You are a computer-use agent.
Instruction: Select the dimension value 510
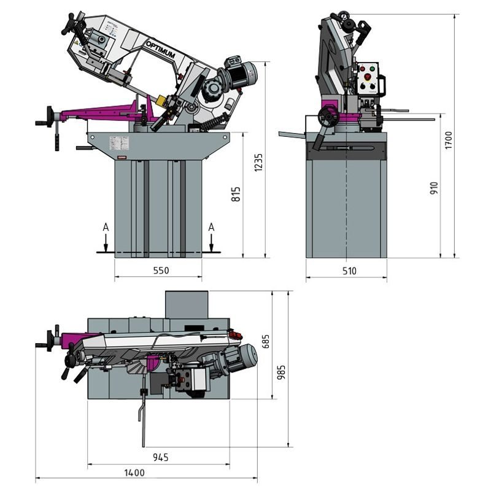pyautogui.click(x=347, y=270)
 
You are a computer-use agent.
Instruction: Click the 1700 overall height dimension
pyautogui.click(x=448, y=141)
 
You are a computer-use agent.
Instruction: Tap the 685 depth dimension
pyautogui.click(x=266, y=341)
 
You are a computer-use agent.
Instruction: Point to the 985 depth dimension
pyautogui.click(x=281, y=370)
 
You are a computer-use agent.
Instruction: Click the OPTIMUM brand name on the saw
pyautogui.click(x=161, y=52)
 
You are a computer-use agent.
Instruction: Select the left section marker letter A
pyautogui.click(x=106, y=227)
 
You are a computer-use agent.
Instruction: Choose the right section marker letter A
pyautogui.click(x=211, y=227)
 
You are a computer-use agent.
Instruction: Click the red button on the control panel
pyautogui.click(x=369, y=77)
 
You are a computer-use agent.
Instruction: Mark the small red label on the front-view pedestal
pyautogui.click(x=122, y=158)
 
